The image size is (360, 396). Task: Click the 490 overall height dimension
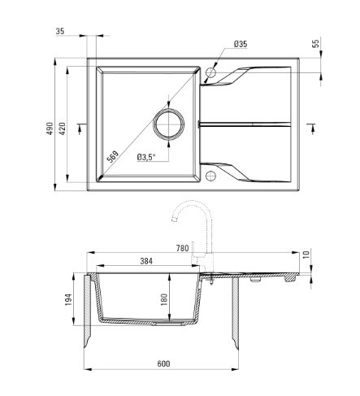click(50, 129)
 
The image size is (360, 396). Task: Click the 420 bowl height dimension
click(63, 129)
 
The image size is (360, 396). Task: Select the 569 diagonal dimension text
click(113, 156)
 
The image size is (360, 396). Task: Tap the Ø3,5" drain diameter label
click(146, 157)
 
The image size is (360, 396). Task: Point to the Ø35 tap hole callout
click(241, 44)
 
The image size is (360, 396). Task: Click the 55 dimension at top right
click(316, 43)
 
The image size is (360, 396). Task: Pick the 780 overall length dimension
click(182, 248)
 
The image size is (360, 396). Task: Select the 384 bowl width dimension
click(146, 261)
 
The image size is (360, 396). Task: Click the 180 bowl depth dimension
click(164, 299)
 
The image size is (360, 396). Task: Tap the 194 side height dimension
click(68, 299)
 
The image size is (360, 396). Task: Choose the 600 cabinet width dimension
click(163, 363)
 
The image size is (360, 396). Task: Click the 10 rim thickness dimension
click(306, 255)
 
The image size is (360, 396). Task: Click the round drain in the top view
click(169, 124)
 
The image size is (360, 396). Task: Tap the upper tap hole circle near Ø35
click(210, 72)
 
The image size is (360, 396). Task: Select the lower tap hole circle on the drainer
click(210, 176)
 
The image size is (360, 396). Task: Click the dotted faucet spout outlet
click(175, 220)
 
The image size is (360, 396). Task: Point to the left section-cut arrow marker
click(80, 128)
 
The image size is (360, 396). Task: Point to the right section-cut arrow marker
click(312, 128)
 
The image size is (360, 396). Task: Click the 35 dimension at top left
click(60, 31)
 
